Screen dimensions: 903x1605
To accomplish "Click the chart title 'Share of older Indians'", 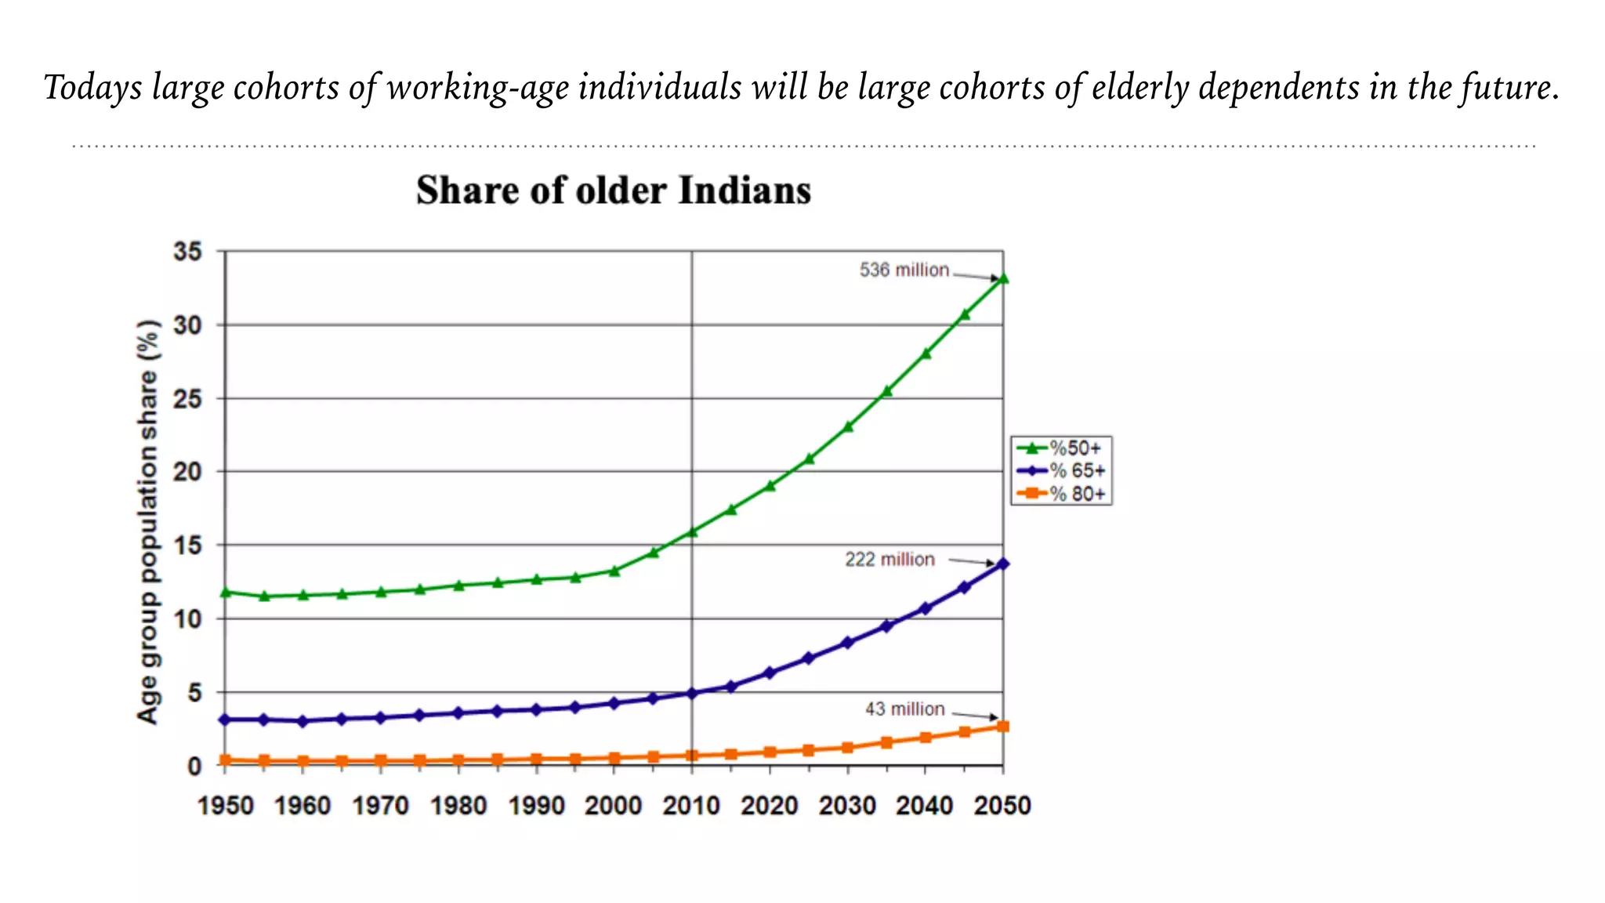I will (613, 190).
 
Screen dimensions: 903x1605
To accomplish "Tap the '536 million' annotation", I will (904, 270).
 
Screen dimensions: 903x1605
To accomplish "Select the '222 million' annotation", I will (889, 560).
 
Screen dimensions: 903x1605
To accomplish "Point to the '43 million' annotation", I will (904, 709).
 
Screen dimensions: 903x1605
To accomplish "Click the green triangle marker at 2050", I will (1003, 278).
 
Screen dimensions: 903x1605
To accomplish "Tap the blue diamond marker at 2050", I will (1003, 564).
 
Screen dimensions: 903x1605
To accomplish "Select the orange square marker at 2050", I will (1003, 727).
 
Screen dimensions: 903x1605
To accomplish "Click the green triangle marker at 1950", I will (226, 593).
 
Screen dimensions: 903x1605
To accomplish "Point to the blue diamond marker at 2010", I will (692, 693).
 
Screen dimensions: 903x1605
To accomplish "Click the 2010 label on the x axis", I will (691, 806).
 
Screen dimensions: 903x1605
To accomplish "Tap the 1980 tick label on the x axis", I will (458, 806).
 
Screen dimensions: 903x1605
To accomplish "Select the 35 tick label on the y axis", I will (188, 252).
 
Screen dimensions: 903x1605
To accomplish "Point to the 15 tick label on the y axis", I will (188, 546).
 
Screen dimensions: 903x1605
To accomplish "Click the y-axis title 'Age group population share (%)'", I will (147, 521).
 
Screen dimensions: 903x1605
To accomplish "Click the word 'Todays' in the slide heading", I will (92, 88).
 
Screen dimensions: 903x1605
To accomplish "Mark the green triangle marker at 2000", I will (614, 571).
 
